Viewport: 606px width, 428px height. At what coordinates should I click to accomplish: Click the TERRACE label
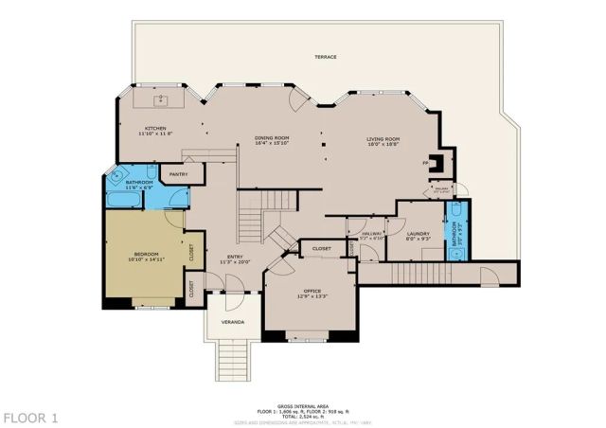coord(326,57)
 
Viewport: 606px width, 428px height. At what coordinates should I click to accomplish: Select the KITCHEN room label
coord(156,129)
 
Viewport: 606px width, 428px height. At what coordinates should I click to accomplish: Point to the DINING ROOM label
coord(271,138)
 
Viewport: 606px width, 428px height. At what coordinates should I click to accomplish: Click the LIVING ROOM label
coord(383,138)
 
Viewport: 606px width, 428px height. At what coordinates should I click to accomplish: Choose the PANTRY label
coord(176,174)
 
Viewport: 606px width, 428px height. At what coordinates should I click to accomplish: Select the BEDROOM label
coord(145,254)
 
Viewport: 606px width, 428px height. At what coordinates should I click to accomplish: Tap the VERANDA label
coord(233,323)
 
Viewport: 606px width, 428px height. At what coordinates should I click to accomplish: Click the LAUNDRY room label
coord(418,233)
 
